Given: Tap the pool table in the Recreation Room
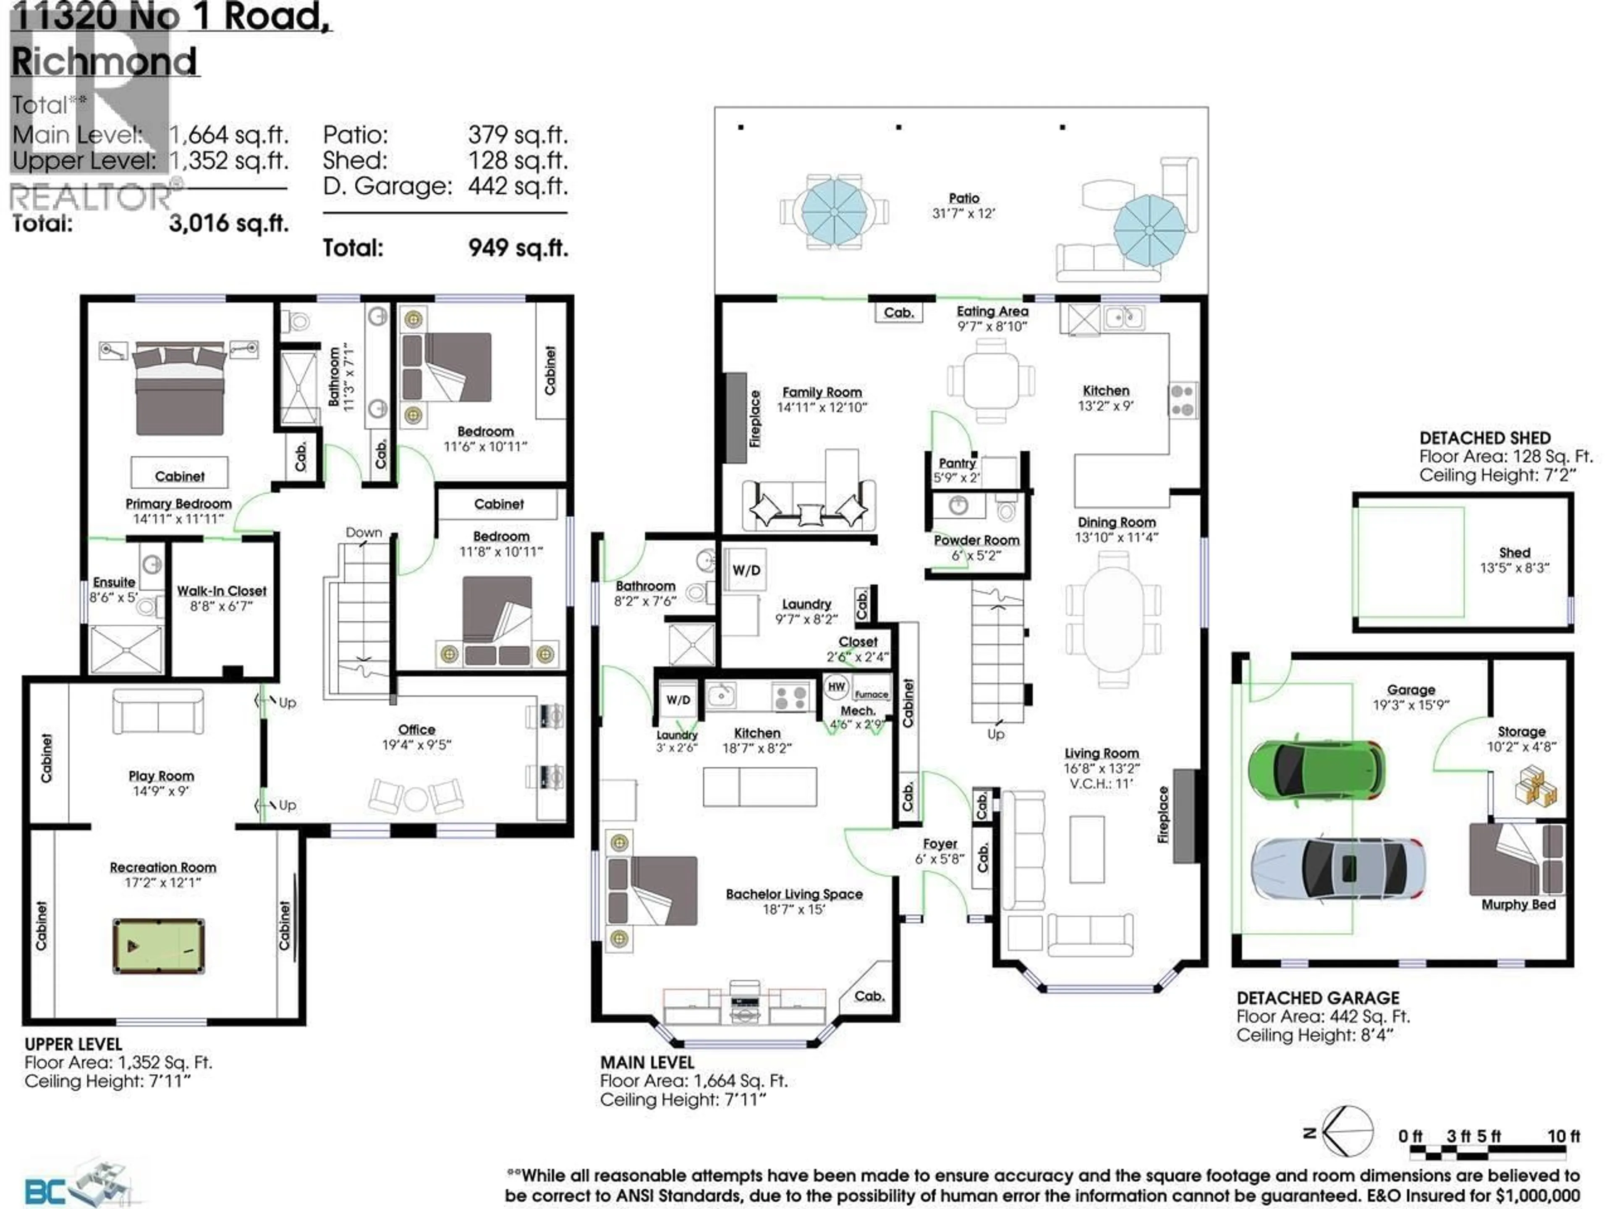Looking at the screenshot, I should pyautogui.click(x=158, y=946).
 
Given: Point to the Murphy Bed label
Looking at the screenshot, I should pyautogui.click(x=1518, y=904).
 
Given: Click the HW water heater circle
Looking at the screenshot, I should pyautogui.click(x=836, y=686).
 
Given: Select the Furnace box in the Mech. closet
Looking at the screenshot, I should pyautogui.click(x=871, y=694).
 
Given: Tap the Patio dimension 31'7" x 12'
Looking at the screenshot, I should pyautogui.click(x=963, y=214).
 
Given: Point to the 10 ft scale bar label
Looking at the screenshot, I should pyautogui.click(x=1563, y=1136).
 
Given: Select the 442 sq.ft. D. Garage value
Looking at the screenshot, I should pyautogui.click(x=518, y=186).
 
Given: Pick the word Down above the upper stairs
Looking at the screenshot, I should pyautogui.click(x=364, y=533).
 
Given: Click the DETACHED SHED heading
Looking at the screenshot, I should pyautogui.click(x=1484, y=438).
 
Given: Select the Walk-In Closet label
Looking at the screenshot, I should pyautogui.click(x=222, y=591).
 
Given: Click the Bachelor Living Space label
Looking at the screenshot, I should pyautogui.click(x=793, y=894).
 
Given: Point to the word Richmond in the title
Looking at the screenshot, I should pyautogui.click(x=104, y=61).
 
